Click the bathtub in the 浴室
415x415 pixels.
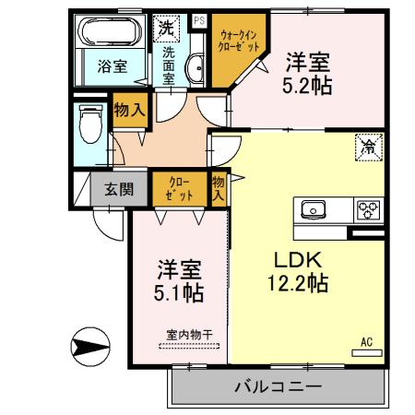coord(109,34)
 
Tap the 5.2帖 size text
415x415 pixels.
coord(306,85)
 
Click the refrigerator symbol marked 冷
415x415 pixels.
coord(367,145)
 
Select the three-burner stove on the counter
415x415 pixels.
coord(368,209)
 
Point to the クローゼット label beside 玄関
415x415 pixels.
coord(179,190)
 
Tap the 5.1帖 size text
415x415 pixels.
coord(179,292)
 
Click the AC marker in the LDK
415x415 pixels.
coord(366,343)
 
